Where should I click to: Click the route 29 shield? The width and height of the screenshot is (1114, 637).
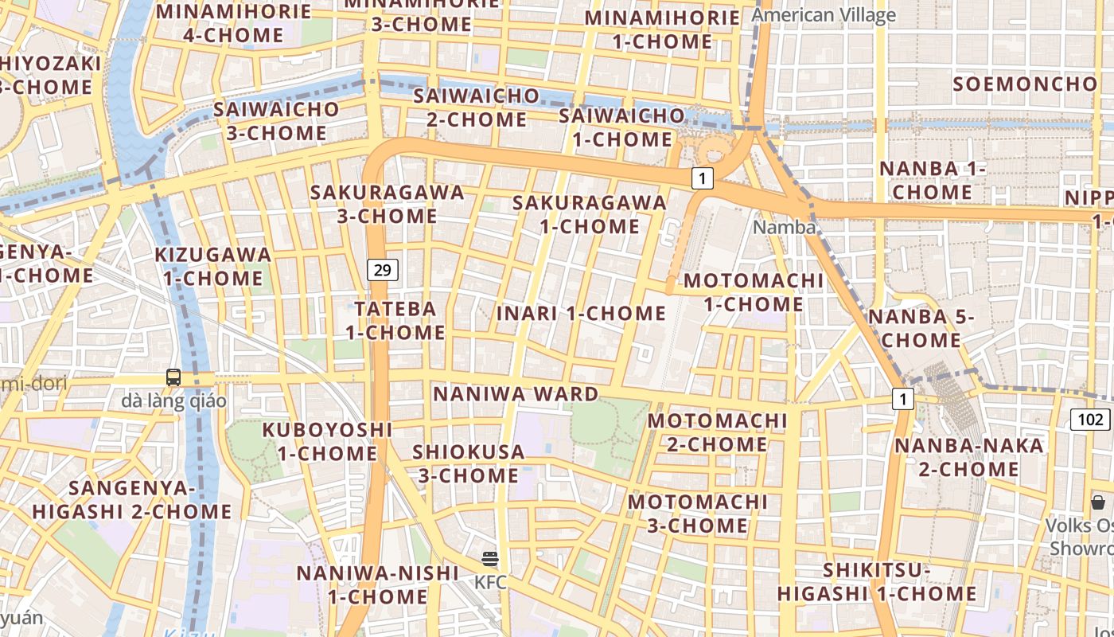point(383,270)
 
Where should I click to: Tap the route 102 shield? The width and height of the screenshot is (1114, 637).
point(1091,420)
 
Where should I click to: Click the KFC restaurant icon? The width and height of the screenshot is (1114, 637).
point(490,559)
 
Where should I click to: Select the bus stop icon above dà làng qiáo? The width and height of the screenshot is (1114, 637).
point(173,377)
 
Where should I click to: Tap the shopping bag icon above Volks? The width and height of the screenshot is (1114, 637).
point(1098,502)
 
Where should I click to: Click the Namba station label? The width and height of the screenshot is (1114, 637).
point(785,227)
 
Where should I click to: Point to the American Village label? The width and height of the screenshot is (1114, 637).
point(824,14)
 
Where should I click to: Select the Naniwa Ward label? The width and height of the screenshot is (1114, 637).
point(516,393)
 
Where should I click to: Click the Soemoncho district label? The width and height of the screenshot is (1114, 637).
point(1025,84)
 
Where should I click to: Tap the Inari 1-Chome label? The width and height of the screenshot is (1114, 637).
point(581,313)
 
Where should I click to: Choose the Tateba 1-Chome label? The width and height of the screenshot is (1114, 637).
point(395,320)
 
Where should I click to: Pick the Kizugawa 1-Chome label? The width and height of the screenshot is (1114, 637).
point(213,266)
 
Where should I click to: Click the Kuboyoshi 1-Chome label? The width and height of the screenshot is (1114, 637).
point(327,441)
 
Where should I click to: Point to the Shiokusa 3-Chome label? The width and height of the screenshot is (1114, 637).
point(469,463)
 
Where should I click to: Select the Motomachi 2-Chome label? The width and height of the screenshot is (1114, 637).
point(717,432)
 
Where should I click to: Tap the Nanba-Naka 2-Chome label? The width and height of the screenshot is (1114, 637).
point(969,456)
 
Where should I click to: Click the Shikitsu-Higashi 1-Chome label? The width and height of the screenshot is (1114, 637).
point(877,582)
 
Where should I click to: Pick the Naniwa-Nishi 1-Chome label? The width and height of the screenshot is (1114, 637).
point(378,584)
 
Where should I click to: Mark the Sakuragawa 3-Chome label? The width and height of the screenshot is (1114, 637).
point(388,204)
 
